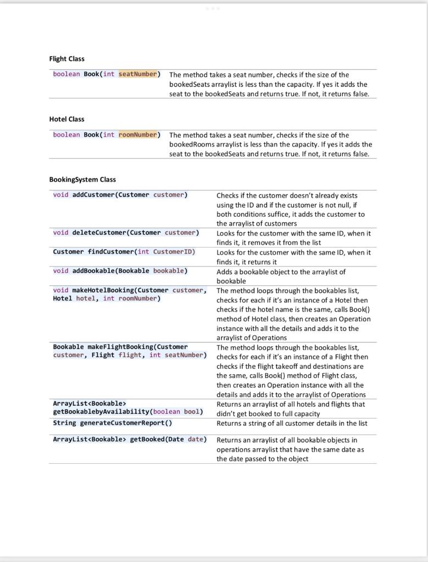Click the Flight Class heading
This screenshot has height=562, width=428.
[66, 59]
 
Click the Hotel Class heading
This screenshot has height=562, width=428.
[66, 119]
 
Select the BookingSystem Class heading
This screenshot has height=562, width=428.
[82, 179]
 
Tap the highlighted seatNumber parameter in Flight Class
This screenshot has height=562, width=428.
[138, 74]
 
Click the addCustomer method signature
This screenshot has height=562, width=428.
[120, 195]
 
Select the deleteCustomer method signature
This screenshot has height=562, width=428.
[126, 233]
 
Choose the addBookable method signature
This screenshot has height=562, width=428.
[120, 271]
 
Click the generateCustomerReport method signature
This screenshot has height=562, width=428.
[112, 423]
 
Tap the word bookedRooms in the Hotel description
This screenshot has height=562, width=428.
[191, 144]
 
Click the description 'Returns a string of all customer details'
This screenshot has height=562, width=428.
[292, 423]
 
